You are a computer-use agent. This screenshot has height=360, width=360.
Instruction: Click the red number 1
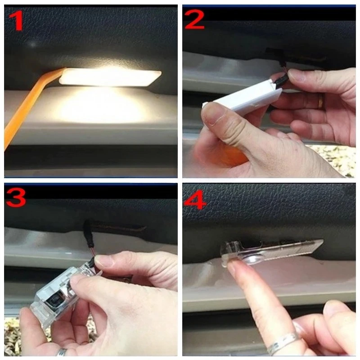[17, 20]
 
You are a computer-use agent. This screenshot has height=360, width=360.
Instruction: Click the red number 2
[194, 19]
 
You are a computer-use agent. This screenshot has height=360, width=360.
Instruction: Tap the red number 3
[16, 198]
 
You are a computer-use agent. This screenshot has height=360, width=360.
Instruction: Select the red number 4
[195, 199]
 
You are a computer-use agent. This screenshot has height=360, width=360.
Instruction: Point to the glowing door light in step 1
[110, 77]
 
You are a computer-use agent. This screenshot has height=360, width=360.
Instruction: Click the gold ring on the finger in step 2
[320, 101]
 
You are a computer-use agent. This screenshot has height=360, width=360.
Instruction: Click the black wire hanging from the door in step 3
[88, 234]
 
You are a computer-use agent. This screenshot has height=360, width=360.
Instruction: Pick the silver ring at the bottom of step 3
[62, 352]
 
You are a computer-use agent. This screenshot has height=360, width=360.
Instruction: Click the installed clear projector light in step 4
[271, 252]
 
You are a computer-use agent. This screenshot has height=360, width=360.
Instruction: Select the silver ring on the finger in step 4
[283, 342]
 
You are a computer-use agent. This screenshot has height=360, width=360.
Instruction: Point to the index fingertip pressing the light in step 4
[235, 266]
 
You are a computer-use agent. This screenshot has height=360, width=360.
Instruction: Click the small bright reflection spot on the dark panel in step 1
[33, 44]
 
